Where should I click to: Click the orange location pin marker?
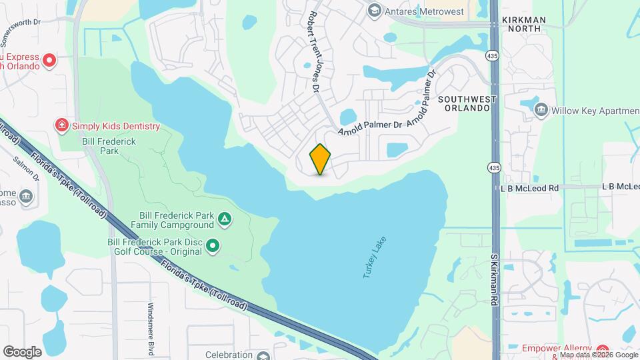point(321,159)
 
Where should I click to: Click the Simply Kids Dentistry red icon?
point(62,125)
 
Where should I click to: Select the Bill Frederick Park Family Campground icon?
point(225,218)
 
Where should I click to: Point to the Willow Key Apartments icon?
point(541,109)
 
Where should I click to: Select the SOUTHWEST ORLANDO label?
point(467,104)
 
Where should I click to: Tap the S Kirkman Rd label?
point(495,279)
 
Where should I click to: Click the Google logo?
point(22,351)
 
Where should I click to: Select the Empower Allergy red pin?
point(603,350)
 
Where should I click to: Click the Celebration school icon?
point(262,355)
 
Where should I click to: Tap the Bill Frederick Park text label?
point(100,146)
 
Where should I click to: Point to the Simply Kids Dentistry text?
point(116,126)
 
